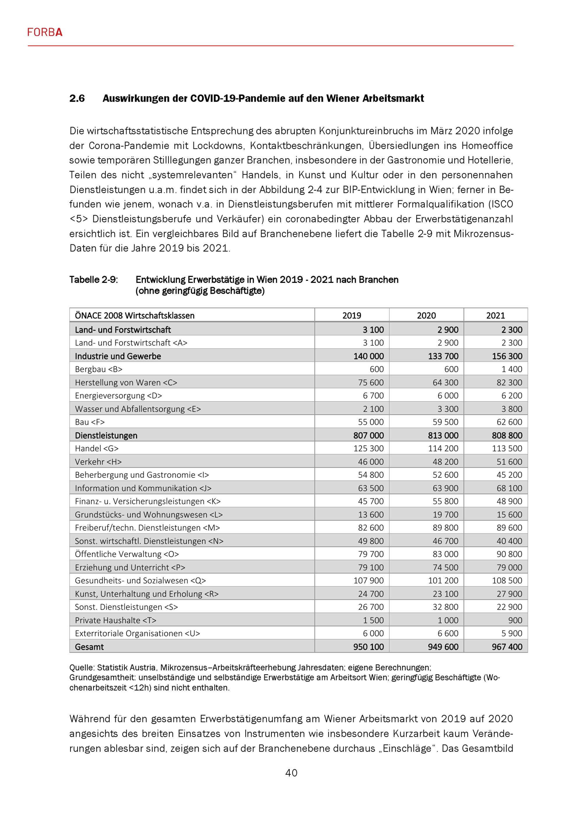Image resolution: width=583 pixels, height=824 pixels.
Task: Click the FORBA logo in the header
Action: tap(45, 32)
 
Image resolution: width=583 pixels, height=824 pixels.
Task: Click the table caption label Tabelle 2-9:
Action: tap(94, 280)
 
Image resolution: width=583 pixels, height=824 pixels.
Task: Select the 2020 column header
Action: tap(426, 316)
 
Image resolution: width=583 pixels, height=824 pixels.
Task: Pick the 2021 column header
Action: tap(496, 316)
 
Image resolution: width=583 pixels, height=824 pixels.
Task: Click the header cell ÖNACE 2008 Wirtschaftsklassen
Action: tap(135, 316)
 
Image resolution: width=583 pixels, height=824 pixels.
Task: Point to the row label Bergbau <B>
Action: tap(99, 369)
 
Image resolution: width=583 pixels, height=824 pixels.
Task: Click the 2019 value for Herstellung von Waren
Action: tap(371, 382)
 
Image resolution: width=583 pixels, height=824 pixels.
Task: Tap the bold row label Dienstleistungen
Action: tap(106, 435)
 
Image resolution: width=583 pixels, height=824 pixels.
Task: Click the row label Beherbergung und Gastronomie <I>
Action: tap(142, 475)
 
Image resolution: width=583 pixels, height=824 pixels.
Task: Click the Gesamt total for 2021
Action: tap(507, 647)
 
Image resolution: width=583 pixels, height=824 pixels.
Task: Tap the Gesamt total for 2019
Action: tap(368, 647)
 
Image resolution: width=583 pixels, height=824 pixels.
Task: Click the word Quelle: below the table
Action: tap(82, 668)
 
